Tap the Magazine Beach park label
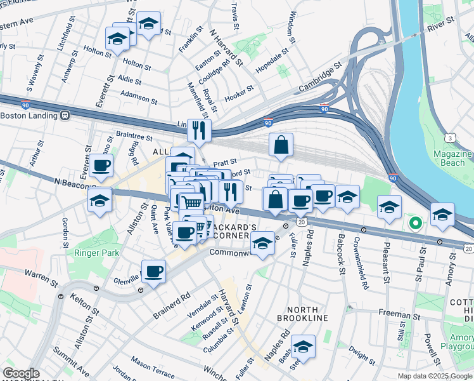tap(453, 159)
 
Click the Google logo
tap(21, 373)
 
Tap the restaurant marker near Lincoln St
tap(199, 131)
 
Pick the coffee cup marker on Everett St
tap(101, 166)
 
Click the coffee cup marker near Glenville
tap(153, 272)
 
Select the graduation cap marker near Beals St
tap(304, 347)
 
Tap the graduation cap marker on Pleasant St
tap(389, 207)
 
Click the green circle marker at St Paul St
tap(415, 223)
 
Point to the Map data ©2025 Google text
tap(435, 375)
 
